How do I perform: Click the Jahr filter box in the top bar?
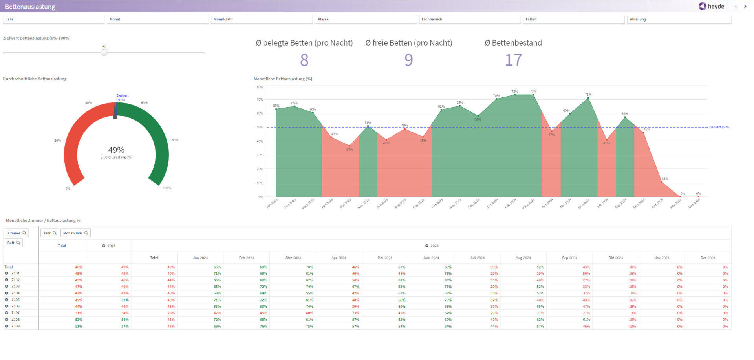point(53,19)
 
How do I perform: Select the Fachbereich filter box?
point(470,19)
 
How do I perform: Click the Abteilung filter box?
point(679,19)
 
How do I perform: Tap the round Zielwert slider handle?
point(104,53)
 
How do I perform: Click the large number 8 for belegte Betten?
point(304,60)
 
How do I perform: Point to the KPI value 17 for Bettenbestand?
point(513,60)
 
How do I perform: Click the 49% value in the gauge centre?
point(116,150)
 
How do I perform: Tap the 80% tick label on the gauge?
point(175,140)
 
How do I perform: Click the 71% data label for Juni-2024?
point(588,95)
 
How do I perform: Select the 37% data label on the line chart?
point(349,150)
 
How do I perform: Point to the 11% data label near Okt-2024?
point(665,179)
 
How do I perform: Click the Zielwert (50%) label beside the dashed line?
point(719,127)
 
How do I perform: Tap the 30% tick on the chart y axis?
point(260,155)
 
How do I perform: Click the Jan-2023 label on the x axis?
point(272,203)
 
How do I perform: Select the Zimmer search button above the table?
point(16,233)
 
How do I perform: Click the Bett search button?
point(14,243)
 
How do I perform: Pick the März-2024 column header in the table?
point(292,258)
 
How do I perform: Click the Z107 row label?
point(15,313)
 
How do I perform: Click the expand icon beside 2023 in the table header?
point(104,246)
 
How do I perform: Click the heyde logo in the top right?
point(711,6)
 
